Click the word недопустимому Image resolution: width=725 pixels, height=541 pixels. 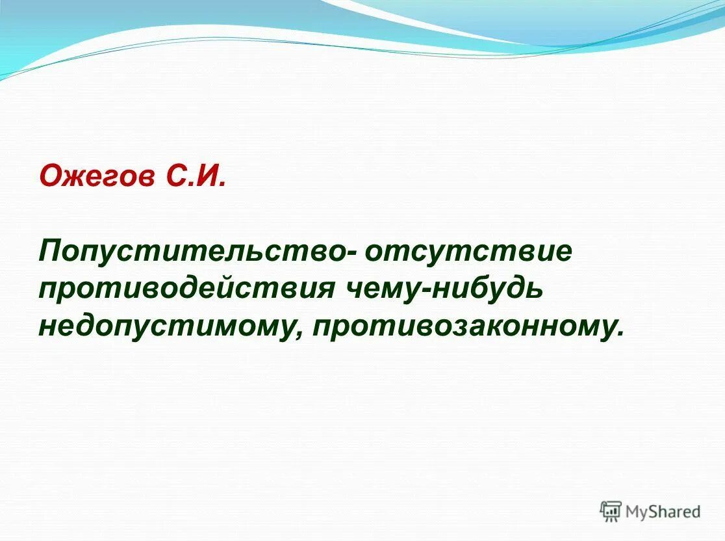[x=172, y=326]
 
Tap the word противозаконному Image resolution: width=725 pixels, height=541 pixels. [x=463, y=326]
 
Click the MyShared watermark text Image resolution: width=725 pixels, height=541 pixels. [x=663, y=512]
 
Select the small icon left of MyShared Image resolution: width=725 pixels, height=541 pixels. [x=611, y=511]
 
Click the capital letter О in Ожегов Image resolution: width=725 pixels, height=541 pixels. [x=51, y=177]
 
